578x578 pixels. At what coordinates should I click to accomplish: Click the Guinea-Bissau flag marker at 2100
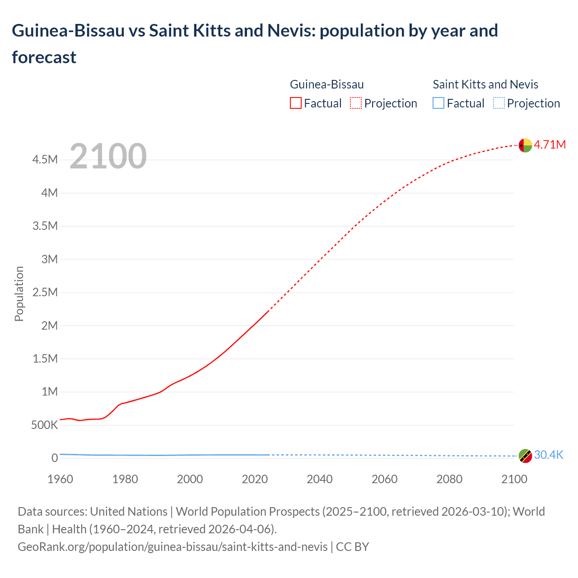pos(525,145)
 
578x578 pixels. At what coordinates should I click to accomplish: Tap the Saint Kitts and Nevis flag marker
pos(525,456)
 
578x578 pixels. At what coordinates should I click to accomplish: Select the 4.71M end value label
pos(550,144)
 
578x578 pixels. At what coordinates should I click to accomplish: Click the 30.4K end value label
pos(549,455)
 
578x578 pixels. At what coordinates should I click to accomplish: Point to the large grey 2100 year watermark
pos(108,156)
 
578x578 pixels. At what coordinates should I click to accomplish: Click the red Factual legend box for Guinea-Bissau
pos(296,103)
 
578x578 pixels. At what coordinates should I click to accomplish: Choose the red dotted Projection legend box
pos(356,103)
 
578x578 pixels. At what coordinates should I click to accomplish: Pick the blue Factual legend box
pos(438,103)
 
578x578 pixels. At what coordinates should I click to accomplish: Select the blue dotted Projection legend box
pos(499,103)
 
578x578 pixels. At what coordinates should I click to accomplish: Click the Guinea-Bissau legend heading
pos(326,84)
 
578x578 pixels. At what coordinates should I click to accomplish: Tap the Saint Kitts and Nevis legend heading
pos(485,84)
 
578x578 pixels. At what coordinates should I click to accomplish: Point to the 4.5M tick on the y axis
pos(45,160)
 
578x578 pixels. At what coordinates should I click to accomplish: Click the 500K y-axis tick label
pos(45,425)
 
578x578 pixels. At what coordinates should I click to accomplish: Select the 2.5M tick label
pos(45,292)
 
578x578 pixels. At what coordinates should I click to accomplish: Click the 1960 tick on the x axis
pos(60,479)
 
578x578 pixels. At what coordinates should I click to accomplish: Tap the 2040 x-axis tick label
pos(320,479)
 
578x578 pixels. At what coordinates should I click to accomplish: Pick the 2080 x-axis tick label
pos(449,479)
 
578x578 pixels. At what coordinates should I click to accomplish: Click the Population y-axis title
pos(19,294)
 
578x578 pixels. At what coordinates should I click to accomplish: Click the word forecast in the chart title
pos(44,57)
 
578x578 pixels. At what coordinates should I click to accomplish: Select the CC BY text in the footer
pos(353,547)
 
